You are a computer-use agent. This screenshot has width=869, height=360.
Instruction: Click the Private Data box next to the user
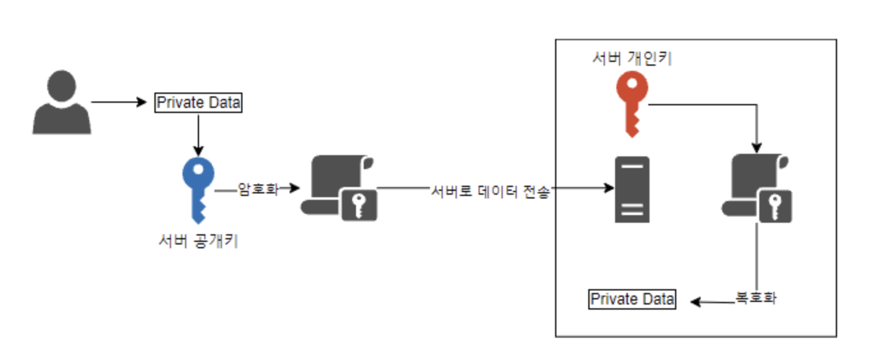click(x=198, y=102)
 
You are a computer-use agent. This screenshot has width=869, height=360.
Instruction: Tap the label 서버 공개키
click(x=198, y=242)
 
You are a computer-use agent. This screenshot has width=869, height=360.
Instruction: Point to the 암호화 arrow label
click(x=258, y=189)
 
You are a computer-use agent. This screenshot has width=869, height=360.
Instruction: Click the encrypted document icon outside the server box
click(x=339, y=188)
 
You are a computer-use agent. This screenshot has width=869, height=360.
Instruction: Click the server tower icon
click(x=632, y=190)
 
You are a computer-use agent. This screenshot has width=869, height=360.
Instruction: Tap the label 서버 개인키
click(x=632, y=59)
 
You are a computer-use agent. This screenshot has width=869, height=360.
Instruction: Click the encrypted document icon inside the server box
click(x=757, y=189)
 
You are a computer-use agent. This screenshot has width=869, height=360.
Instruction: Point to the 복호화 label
click(x=756, y=298)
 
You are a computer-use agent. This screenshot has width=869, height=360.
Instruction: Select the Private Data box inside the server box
click(x=632, y=299)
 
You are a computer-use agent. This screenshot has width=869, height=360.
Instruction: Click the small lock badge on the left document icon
click(x=359, y=205)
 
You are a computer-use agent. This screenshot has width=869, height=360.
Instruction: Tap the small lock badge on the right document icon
click(x=775, y=206)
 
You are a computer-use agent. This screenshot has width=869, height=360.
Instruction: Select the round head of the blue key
click(x=198, y=172)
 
